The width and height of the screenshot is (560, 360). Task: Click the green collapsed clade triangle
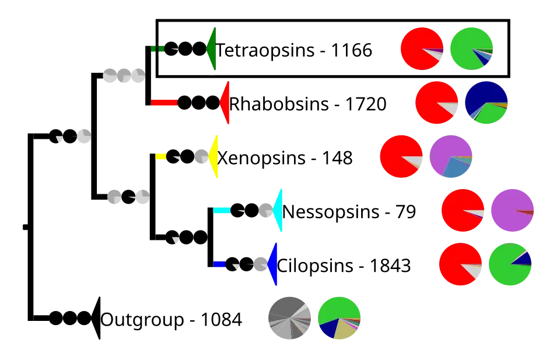pyautogui.click(x=213, y=48)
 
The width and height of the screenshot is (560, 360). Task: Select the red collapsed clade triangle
pyautogui.click(x=226, y=103)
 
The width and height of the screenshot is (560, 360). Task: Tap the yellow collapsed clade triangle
pyautogui.click(x=214, y=156)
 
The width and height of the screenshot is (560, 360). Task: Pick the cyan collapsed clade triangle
pyautogui.click(x=278, y=210)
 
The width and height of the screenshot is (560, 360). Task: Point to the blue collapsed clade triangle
pyautogui.click(x=273, y=264)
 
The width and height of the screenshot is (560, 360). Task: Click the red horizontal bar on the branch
pyautogui.click(x=164, y=103)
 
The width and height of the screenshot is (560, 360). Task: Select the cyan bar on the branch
pyautogui.click(x=222, y=210)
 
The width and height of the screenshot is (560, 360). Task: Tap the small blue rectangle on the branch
pyautogui.click(x=219, y=264)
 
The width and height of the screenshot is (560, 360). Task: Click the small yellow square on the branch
pyautogui.click(x=160, y=156)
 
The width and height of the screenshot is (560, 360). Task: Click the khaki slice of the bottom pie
pyautogui.click(x=345, y=331)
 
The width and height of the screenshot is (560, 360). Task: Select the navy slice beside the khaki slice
pyautogui.click(x=328, y=329)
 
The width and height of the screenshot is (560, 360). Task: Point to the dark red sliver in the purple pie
pyautogui.click(x=526, y=212)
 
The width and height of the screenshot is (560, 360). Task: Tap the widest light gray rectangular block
pyautogui.click(x=124, y=75)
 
